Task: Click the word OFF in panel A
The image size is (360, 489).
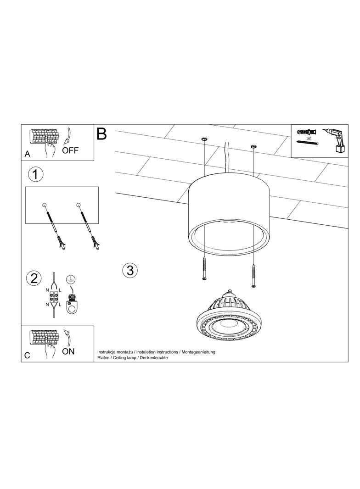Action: [x=70, y=150]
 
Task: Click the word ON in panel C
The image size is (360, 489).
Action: [x=68, y=351]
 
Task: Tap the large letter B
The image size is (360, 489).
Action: [x=102, y=133]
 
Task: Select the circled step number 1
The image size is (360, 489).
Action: [x=35, y=174]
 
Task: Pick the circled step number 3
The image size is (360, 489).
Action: [x=129, y=270]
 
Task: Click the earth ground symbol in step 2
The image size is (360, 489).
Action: [x=71, y=279]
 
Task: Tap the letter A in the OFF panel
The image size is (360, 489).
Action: [x=28, y=154]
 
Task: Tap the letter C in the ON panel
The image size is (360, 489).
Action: [x=28, y=356]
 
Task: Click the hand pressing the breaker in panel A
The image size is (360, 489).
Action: [x=50, y=148]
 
